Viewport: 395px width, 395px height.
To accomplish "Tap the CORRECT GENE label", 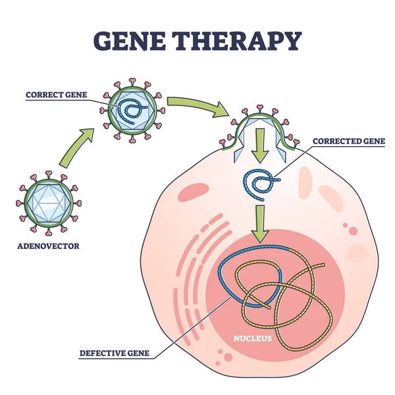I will [57, 94].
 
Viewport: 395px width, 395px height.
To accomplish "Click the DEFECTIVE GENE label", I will [116, 353].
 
